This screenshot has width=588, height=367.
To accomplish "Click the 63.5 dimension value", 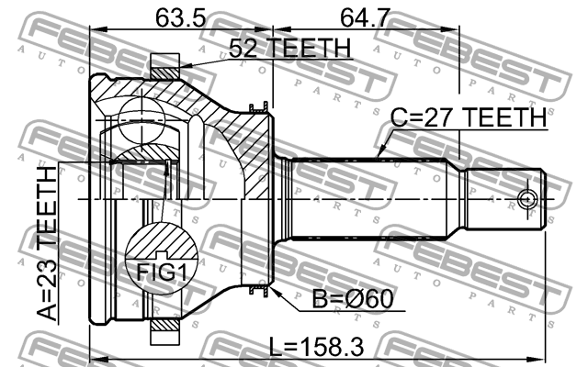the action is [x=180, y=17].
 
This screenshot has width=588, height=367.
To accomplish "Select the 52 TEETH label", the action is [x=290, y=48].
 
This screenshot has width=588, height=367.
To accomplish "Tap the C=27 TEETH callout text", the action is [x=469, y=117].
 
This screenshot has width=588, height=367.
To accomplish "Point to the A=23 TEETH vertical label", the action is [x=48, y=243].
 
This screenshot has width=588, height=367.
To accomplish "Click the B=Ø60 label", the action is [x=353, y=299].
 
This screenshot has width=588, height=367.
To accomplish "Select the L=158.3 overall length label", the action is [x=317, y=347].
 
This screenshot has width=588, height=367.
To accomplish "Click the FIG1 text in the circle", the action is [x=162, y=272].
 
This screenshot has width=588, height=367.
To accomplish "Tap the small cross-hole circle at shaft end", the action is [x=527, y=199].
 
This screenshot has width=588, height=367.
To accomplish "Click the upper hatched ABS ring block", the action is [x=165, y=73].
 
